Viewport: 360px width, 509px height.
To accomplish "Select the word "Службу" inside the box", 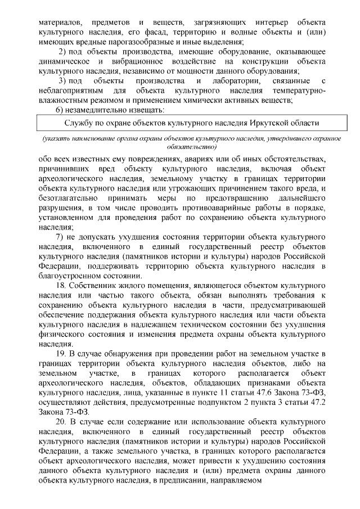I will (78, 123).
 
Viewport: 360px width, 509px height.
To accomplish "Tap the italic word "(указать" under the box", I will (55, 138).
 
